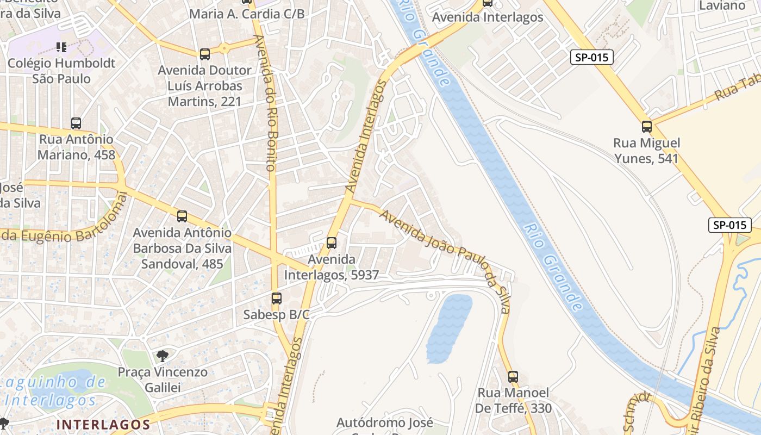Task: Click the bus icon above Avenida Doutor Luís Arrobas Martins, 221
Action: coord(204,54)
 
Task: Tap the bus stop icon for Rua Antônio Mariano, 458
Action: coord(76,123)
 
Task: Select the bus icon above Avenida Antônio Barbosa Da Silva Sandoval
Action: coord(182,216)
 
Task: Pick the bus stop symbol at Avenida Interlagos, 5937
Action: coord(332,243)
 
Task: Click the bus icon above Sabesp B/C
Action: coord(277,299)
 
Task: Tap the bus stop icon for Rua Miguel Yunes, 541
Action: coord(647,127)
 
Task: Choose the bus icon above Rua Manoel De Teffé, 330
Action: coord(513,376)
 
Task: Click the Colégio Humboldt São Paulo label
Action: coord(61,71)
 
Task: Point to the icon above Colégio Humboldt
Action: coord(61,47)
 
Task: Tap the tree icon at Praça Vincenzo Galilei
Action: coord(162,356)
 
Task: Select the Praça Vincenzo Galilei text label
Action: coord(163,380)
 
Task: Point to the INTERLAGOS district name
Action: coord(103,424)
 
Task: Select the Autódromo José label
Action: coord(385,422)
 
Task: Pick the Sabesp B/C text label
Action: coord(276,314)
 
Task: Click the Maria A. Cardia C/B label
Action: coord(247,14)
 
